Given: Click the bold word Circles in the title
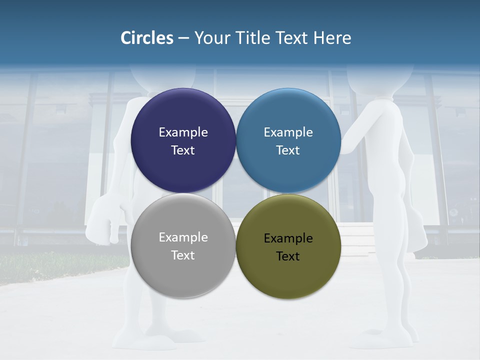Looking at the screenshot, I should click(147, 38).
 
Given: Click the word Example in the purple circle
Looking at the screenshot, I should click(183, 132).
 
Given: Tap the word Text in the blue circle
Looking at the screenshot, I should click(288, 150).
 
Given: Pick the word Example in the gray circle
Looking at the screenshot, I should click(183, 237).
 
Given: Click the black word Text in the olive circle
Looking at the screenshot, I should click(288, 256).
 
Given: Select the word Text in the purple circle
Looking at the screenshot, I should click(183, 150).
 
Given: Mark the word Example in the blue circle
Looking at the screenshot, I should click(288, 132).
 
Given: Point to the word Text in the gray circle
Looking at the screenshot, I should click(183, 255).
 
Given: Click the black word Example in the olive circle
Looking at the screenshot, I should click(288, 238).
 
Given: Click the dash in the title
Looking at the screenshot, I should click(183, 38).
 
